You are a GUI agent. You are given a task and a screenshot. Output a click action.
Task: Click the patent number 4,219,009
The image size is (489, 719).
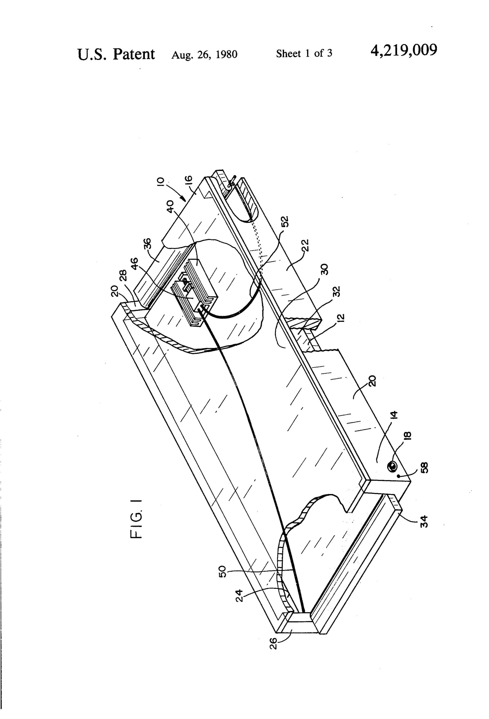coord(404,50)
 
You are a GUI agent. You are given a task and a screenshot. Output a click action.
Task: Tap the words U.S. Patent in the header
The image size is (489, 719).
coord(116,54)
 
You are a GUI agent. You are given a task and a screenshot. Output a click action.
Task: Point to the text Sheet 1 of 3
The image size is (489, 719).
coord(304,54)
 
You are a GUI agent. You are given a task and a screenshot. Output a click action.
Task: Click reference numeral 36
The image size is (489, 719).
coord(148,243)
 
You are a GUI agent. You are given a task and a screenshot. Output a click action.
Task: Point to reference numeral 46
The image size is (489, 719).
coord(135,264)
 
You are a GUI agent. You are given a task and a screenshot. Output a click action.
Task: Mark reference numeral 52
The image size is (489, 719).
coord(284,222)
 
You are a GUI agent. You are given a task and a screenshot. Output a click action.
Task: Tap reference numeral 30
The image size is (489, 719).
coord(324,270)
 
